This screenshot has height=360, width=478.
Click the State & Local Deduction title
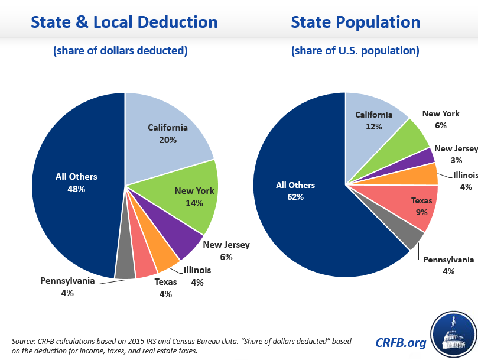point(124,22)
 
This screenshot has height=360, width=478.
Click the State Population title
point(355,22)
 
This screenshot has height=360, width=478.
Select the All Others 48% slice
point(74,183)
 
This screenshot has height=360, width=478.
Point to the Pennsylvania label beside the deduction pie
point(67,281)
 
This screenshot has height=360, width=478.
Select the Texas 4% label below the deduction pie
point(165,287)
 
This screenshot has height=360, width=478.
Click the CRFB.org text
point(400,342)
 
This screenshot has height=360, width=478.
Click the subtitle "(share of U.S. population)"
point(355,51)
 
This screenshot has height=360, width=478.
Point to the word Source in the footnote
point(22,342)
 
